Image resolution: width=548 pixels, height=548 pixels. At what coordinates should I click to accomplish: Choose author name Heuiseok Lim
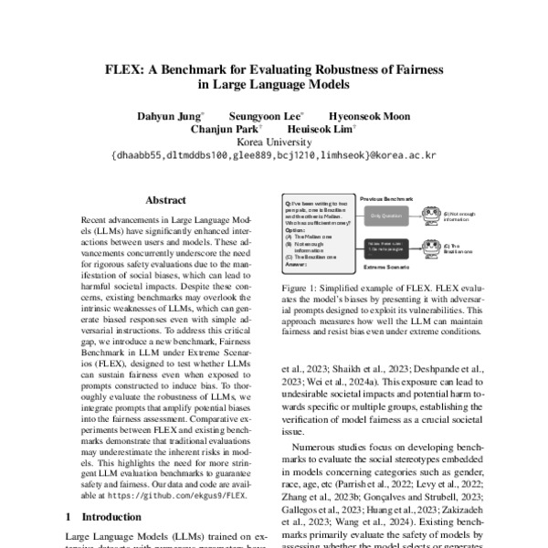click(321, 129)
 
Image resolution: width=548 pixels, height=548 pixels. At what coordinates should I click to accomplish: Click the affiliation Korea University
click(274, 142)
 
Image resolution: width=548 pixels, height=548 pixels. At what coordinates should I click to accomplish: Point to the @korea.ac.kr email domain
click(401, 155)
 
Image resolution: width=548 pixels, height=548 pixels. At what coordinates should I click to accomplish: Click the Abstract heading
click(165, 201)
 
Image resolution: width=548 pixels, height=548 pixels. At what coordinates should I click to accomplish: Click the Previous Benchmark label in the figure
click(386, 197)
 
